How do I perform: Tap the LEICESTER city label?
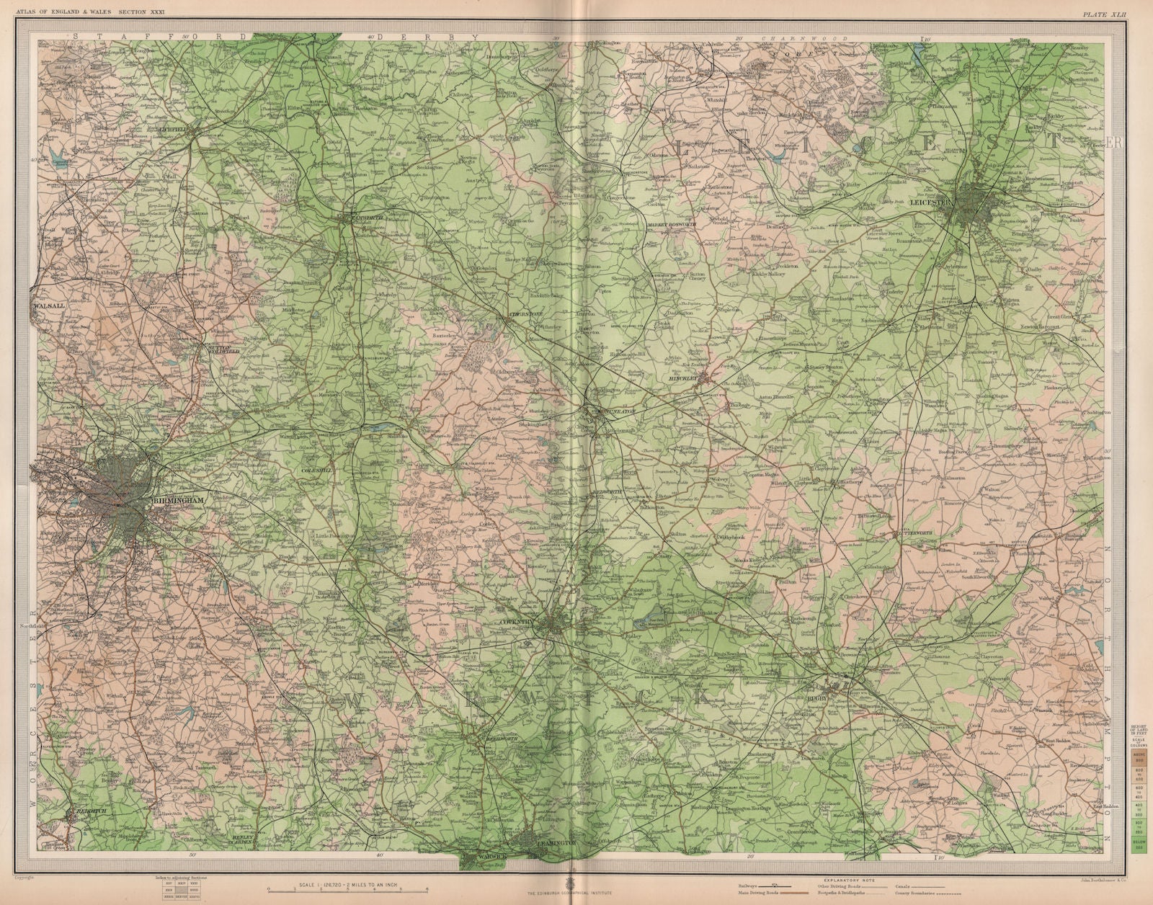tap(932, 203)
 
